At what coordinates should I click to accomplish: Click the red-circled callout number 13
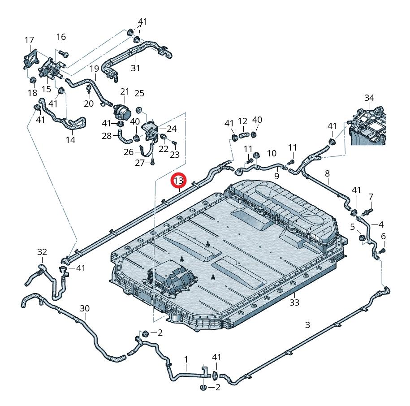coord(179,181)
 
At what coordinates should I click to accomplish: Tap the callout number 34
coord(369,98)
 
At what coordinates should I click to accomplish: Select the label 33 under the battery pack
coord(294,302)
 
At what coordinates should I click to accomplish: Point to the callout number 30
coord(85,308)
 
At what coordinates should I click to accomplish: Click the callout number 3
coord(307,324)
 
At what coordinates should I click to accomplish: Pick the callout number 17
coord(29,40)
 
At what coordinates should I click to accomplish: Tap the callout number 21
coord(124,91)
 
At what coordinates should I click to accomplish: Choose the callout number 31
coord(135,68)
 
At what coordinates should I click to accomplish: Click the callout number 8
coord(327,173)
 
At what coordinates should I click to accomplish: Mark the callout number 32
coord(42,252)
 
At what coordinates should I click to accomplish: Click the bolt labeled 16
coord(62,54)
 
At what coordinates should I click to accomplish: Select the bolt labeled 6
coord(384,250)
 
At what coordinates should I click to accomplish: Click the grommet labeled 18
coord(33,80)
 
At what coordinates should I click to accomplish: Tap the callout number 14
coord(70,140)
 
